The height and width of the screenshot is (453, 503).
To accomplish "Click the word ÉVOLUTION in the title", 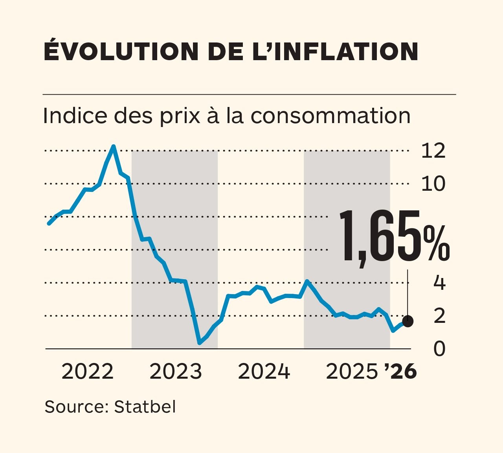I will point(121,51).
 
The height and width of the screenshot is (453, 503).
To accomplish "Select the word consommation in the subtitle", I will point(330,116).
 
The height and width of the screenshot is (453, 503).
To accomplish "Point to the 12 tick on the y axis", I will point(433,151).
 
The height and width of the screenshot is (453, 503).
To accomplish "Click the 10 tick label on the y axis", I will point(433,184).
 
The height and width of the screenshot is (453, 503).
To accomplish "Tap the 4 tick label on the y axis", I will point(439,283).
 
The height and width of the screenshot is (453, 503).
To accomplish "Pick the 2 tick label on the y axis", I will point(439,316).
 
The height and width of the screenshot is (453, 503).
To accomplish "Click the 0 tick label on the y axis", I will point(439,349).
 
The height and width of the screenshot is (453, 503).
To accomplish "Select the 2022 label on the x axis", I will point(87,372).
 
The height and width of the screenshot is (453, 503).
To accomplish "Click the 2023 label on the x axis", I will point(175,372).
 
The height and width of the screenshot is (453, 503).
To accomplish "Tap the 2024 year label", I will point(264,372).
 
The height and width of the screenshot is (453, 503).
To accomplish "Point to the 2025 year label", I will point(352,372).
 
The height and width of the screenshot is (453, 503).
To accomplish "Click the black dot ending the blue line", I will point(408,321).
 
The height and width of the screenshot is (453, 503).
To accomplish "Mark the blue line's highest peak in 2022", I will point(113,146).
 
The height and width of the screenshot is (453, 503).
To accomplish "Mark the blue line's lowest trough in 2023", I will point(200,343).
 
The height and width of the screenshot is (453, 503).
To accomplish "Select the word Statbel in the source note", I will point(145,407).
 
